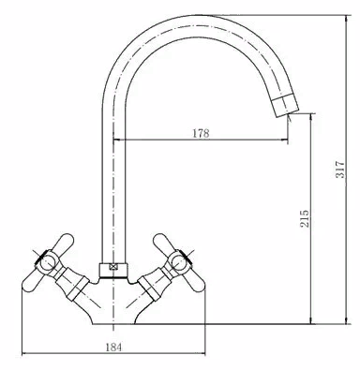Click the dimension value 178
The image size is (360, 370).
(x=201, y=133)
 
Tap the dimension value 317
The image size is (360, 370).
(x=340, y=170)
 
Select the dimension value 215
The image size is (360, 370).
(x=305, y=218)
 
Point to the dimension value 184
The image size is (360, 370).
(x=113, y=348)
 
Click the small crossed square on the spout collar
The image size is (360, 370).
(x=113, y=267)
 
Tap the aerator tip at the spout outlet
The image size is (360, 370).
(x=285, y=106)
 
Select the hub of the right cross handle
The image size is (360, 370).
(x=179, y=260)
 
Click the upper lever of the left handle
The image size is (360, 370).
(x=64, y=243)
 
